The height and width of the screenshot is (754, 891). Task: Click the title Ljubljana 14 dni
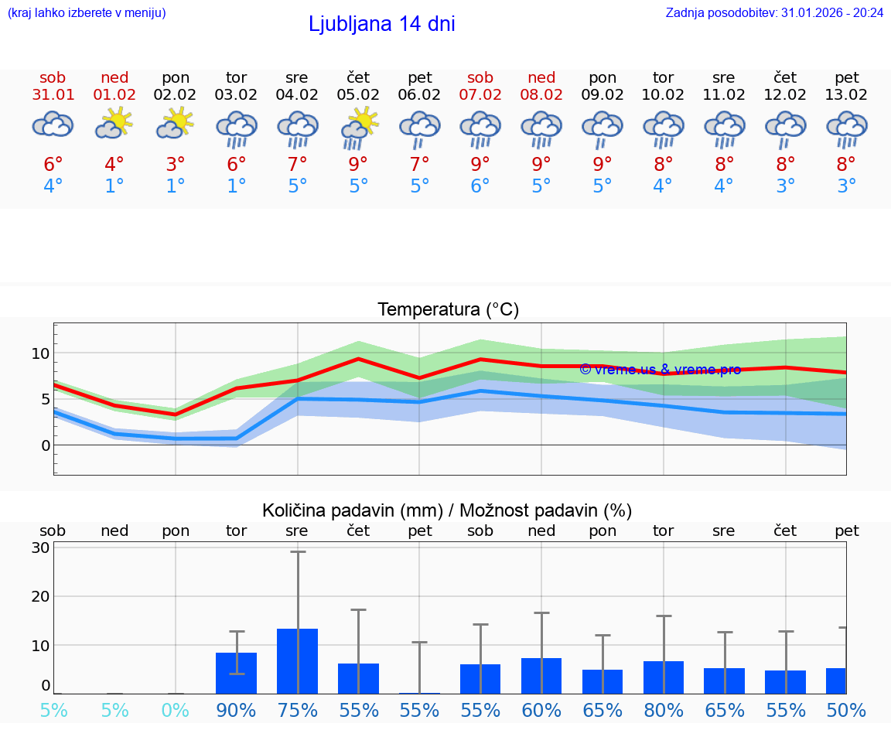pyautogui.click(x=381, y=24)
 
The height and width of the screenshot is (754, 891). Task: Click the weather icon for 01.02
pyautogui.click(x=114, y=124)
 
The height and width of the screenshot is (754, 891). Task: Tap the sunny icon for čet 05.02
pyautogui.click(x=359, y=127)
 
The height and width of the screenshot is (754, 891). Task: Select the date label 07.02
pyautogui.click(x=480, y=95)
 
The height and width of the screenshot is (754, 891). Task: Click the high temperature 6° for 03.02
pyautogui.click(x=236, y=164)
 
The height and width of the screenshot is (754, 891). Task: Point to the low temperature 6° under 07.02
pyautogui.click(x=480, y=186)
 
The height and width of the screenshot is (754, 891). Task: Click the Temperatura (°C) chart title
pyautogui.click(x=448, y=310)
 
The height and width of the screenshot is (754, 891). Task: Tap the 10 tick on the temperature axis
pyautogui.click(x=41, y=353)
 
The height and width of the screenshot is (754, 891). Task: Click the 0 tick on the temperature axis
pyautogui.click(x=46, y=445)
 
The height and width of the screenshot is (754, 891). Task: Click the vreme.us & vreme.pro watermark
pyautogui.click(x=660, y=370)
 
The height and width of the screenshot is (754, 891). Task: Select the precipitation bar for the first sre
pyautogui.click(x=298, y=661)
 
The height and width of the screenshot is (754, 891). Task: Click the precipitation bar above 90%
pyautogui.click(x=237, y=673)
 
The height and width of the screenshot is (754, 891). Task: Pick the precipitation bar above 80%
pyautogui.click(x=664, y=677)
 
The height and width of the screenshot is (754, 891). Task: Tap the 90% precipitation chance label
pyautogui.click(x=236, y=710)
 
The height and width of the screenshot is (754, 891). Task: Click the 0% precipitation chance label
pyautogui.click(x=176, y=710)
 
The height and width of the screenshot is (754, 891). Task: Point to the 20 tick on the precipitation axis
pyautogui.click(x=41, y=596)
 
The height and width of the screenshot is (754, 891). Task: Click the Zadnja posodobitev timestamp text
pyautogui.click(x=774, y=13)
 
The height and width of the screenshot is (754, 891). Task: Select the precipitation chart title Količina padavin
pyautogui.click(x=447, y=510)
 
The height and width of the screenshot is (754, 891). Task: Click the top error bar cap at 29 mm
pyautogui.click(x=298, y=551)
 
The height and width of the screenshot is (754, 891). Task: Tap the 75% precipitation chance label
pyautogui.click(x=298, y=710)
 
